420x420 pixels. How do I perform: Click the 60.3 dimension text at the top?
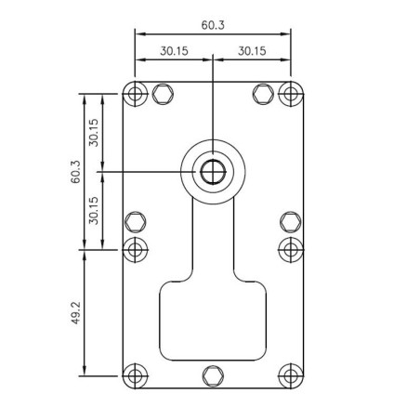(213, 25)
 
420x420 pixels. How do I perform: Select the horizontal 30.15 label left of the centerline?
(174, 52)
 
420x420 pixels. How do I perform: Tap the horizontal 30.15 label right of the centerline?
(253, 52)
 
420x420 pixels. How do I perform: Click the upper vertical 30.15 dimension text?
(94, 132)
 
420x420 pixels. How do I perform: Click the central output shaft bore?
(213, 172)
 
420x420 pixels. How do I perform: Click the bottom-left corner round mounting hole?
(136, 375)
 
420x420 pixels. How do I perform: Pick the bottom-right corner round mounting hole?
(291, 375)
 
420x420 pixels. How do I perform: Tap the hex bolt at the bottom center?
(213, 375)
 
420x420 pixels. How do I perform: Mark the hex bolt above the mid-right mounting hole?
(290, 221)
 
